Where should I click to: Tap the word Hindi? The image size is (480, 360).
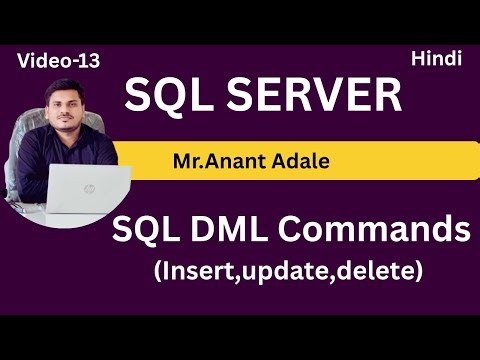click(x=435, y=59)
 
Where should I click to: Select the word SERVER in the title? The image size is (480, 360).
click(x=318, y=96)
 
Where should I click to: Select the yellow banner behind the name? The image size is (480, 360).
click(x=380, y=160)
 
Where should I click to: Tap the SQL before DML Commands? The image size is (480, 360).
click(x=157, y=232)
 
